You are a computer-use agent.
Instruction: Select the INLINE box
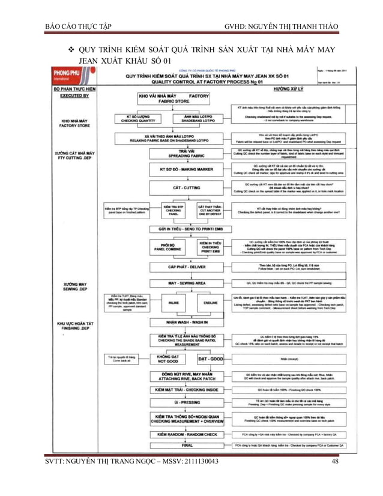(x=174, y=303)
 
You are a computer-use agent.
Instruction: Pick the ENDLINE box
(x=210, y=303)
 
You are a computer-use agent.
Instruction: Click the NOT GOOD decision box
(x=167, y=358)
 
